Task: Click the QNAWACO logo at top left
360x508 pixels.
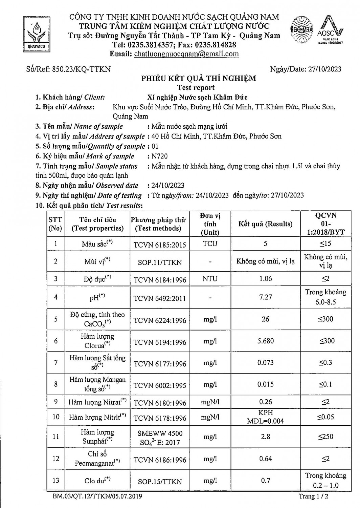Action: [x=35, y=34]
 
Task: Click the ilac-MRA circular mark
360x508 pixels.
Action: [x=301, y=30]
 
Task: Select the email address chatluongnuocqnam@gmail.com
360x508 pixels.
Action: [x=186, y=54]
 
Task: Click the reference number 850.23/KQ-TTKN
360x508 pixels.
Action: [x=81, y=69]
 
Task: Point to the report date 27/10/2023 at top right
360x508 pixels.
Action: [x=325, y=69]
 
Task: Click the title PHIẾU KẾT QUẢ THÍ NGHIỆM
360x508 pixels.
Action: [x=199, y=79]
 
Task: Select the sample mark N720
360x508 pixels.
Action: [x=160, y=156]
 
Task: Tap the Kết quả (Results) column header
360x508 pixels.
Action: [x=265, y=224]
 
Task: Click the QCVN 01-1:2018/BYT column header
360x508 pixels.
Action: [x=325, y=224]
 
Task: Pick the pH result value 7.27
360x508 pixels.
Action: [x=265, y=297]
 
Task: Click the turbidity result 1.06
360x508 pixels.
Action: [x=265, y=279]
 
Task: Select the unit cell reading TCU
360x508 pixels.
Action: [x=210, y=244]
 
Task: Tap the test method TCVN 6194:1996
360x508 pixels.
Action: [x=160, y=342]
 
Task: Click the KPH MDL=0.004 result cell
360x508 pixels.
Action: [x=265, y=417]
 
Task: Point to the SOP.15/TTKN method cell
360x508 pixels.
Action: [x=160, y=481]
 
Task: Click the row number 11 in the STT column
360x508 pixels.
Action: [x=56, y=437]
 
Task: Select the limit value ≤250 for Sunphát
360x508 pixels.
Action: [x=325, y=437]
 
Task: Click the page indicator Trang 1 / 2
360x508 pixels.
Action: [x=314, y=496]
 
